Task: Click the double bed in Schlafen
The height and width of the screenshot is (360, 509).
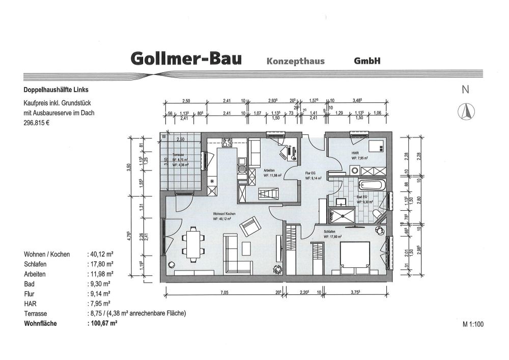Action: (353, 257)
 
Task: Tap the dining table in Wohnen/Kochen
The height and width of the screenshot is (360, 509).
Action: (192, 243)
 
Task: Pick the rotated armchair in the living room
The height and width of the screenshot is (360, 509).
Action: (249, 227)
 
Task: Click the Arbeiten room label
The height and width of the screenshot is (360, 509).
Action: (270, 171)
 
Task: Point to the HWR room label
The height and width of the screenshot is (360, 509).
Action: (355, 153)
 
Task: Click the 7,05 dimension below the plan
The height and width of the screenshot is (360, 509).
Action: (224, 292)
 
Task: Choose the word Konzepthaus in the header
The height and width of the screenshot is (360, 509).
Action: (295, 61)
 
